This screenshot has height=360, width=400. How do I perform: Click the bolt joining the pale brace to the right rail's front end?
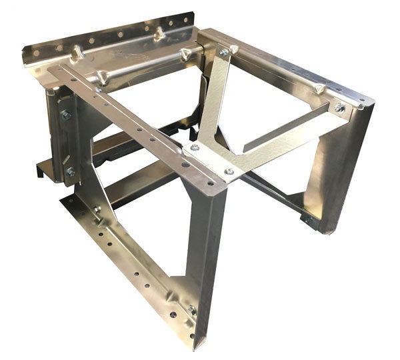(x=339, y=107)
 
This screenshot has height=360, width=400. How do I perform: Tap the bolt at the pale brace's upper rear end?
(x=225, y=51)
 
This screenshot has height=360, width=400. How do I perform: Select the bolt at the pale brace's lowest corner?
(x=229, y=171)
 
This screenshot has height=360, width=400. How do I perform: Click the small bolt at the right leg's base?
(x=308, y=218)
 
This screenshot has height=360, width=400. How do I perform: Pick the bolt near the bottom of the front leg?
(x=192, y=310)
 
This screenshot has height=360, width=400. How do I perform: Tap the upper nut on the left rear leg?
(x=66, y=115)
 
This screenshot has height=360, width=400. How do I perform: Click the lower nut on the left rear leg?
(x=69, y=171)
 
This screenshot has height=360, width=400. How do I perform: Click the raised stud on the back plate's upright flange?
(x=159, y=33)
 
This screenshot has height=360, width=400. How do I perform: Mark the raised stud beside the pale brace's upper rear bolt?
(x=234, y=49)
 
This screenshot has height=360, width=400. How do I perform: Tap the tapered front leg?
(x=203, y=253)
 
